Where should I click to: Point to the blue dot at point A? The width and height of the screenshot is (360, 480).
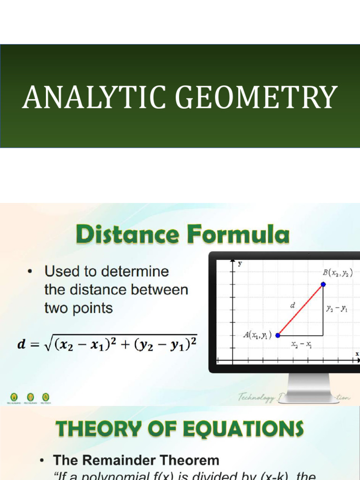point(278,335)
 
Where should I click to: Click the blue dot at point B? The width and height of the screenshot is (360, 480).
point(323,284)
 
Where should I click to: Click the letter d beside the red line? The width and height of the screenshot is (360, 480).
point(292,305)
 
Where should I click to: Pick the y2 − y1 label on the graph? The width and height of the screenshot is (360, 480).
point(337,308)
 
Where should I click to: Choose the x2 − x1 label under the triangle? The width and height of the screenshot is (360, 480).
point(302,345)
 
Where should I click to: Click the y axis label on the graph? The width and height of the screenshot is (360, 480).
point(240,263)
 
